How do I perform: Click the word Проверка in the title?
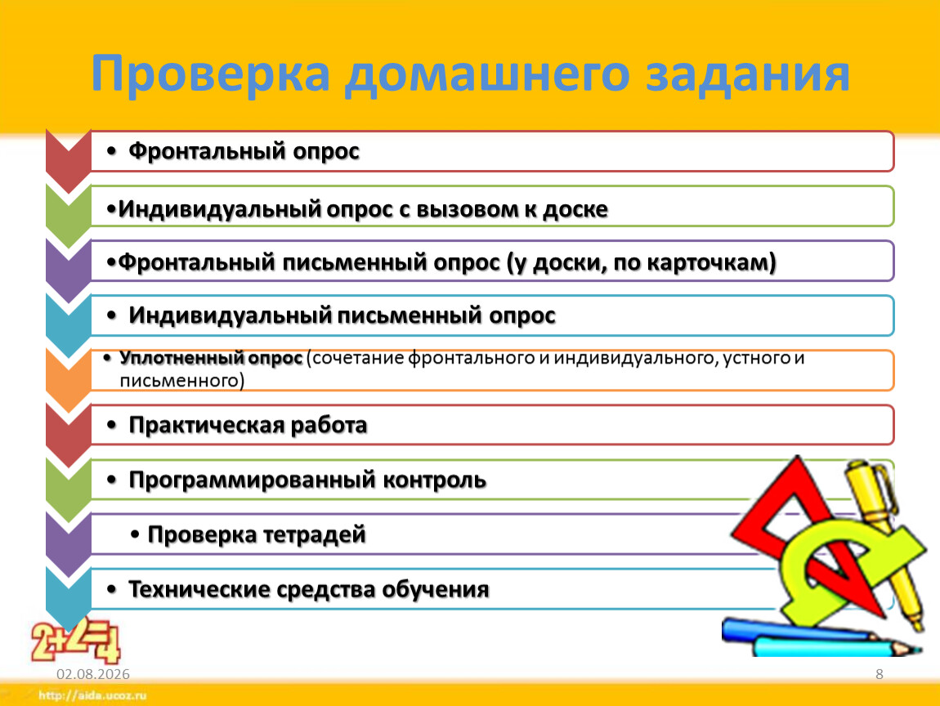pos(211,73)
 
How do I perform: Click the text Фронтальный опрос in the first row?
pos(244,151)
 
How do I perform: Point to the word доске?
pos(575,209)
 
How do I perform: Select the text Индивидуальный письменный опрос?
pos(342,315)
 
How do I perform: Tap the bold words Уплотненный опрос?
pos(210,359)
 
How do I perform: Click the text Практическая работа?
pos(248,425)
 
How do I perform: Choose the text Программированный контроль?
pos(307,480)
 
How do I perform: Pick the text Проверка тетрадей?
pos(257,534)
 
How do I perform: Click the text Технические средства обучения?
pos(309,590)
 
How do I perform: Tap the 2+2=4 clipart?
pos(76,640)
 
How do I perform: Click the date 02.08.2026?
pos(93,674)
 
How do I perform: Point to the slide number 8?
pos(880,674)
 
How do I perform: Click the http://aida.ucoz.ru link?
pos(92,695)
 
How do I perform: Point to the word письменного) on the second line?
pos(182,381)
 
